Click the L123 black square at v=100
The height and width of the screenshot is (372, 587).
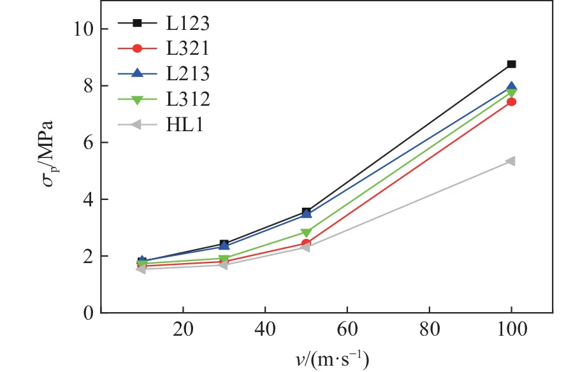(x=511, y=64)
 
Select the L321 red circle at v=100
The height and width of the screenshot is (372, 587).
(x=511, y=102)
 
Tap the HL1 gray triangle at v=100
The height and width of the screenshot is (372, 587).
(x=511, y=161)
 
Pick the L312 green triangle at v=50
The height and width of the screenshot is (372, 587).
(x=307, y=233)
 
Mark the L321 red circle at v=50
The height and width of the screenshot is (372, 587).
(x=307, y=243)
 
